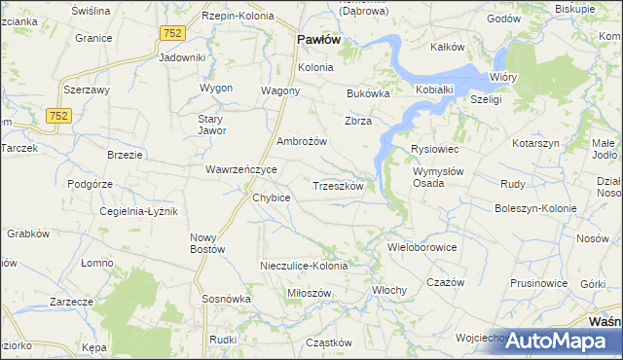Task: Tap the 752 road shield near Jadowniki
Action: tap(173, 33)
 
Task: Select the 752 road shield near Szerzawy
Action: tap(58, 116)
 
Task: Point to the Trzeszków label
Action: tap(338, 185)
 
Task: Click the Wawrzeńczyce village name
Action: tap(241, 169)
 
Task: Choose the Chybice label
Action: tap(272, 198)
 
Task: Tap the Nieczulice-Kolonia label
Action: tap(304, 266)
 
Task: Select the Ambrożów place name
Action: tap(301, 141)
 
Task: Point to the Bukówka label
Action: tap(368, 94)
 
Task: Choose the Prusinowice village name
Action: tap(537, 283)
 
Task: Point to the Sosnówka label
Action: tap(227, 299)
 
